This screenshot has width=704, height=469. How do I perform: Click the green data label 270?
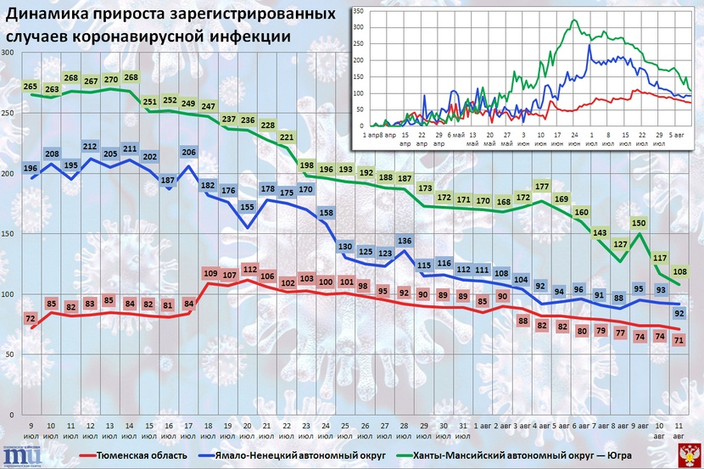coord(110,80)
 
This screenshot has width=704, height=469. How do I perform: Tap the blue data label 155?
coord(246,206)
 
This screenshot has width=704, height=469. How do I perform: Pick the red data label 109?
coord(210,273)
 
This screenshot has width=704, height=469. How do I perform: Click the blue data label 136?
coord(405,242)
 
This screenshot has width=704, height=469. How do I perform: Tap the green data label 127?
coord(620,244)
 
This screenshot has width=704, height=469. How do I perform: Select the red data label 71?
coord(679,340)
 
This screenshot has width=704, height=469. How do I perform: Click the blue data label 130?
coord(345,247)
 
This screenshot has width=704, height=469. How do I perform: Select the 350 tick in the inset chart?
coord(358,12)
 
